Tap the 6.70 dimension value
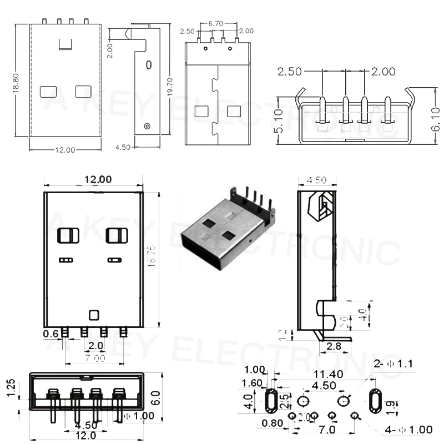coord(215,24)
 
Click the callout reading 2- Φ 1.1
coord(394,364)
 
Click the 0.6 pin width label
coord(51,334)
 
